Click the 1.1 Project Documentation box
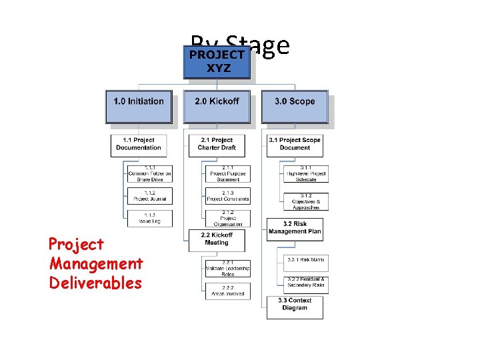click(x=138, y=145)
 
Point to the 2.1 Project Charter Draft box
click(x=216, y=145)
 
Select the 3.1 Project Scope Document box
click(x=295, y=145)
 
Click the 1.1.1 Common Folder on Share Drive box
click(x=150, y=174)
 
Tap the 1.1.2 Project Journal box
click(x=150, y=195)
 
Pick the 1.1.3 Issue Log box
click(x=150, y=218)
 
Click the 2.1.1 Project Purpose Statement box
click(x=228, y=174)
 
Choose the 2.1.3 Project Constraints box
click(x=228, y=195)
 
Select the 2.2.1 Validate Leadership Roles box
click(x=228, y=268)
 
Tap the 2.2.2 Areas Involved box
click(x=228, y=291)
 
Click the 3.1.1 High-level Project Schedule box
click(x=306, y=174)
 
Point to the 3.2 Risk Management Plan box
click(x=295, y=229)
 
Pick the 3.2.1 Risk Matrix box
click(x=306, y=260)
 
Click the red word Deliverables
click(x=95, y=283)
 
